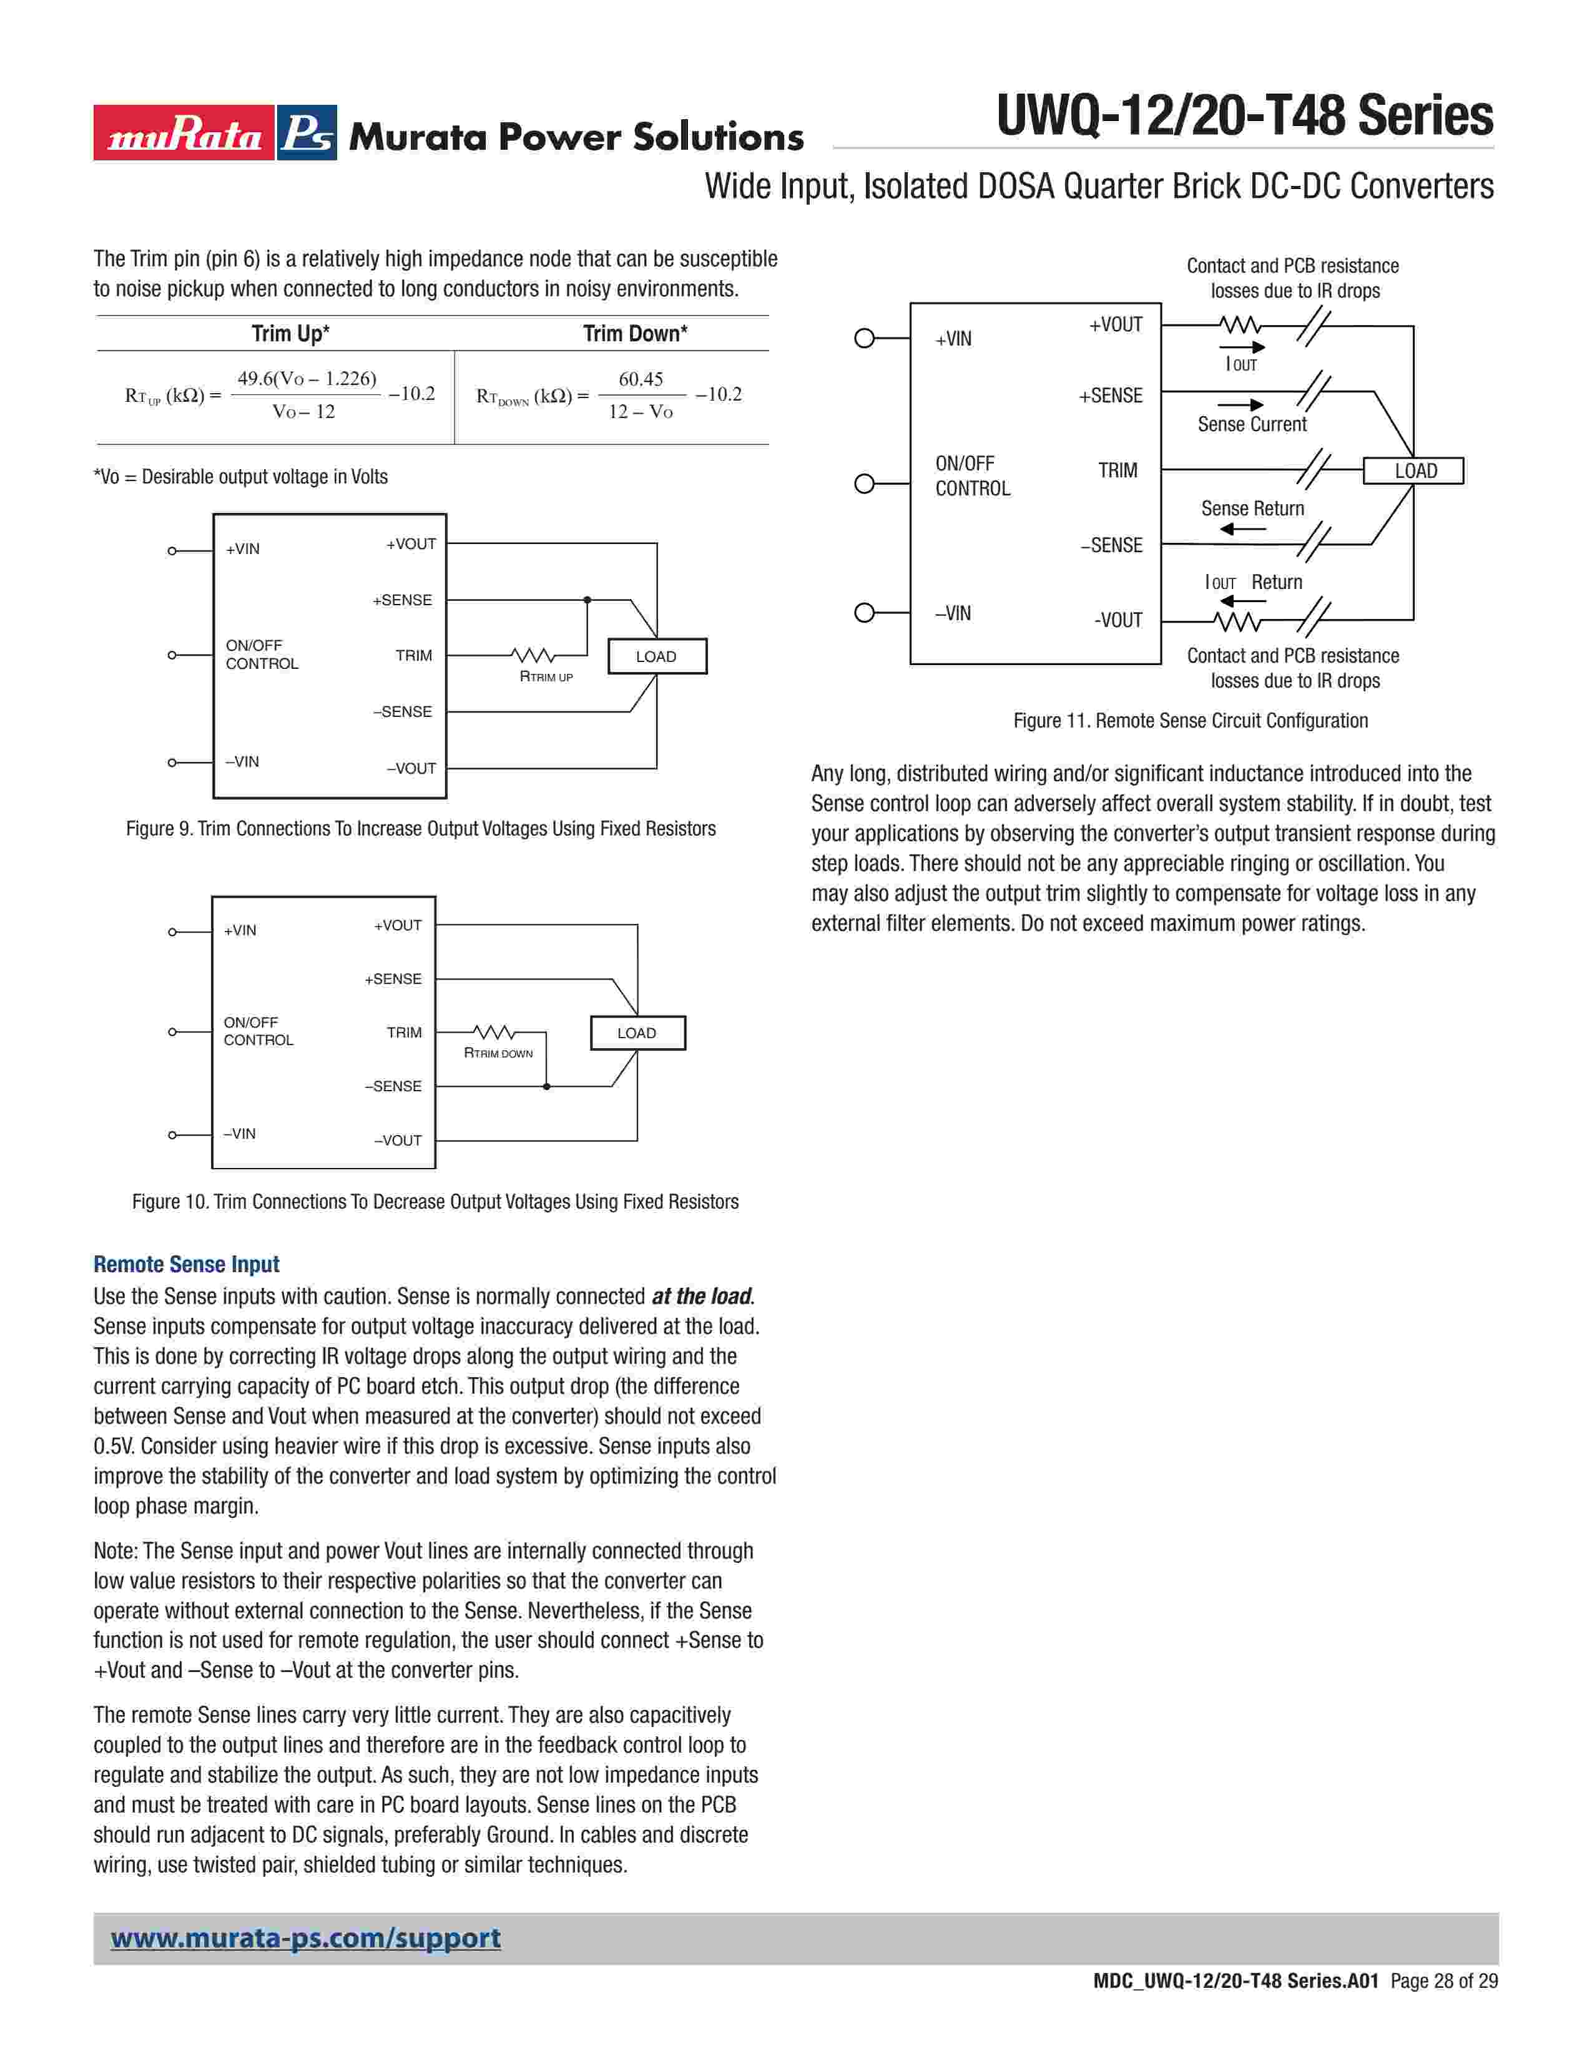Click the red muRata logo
(184, 133)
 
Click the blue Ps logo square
(307, 133)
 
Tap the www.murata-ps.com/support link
(305, 1939)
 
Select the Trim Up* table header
(290, 334)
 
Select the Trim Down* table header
(635, 334)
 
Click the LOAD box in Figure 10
(637, 1033)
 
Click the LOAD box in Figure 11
(1415, 470)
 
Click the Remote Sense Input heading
(187, 1264)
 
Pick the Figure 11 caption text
(1190, 720)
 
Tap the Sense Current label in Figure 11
(1252, 424)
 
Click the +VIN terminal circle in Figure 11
(864, 338)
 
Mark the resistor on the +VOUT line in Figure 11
(1239, 326)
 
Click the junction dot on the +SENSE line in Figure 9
(587, 600)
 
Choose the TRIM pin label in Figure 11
(1118, 470)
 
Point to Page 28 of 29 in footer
(1444, 1981)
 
